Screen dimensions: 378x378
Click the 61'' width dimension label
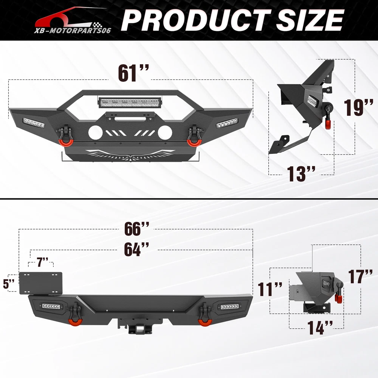(x=133, y=73)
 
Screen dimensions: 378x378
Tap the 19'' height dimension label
(x=358, y=107)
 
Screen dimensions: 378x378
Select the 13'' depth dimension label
(x=301, y=174)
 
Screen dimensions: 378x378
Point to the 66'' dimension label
(x=137, y=229)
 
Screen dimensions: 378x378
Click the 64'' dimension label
(x=136, y=249)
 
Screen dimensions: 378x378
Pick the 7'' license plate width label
(x=43, y=262)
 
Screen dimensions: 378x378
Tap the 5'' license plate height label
(x=9, y=284)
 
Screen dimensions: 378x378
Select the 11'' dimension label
(x=270, y=289)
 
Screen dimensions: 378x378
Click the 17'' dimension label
(x=360, y=277)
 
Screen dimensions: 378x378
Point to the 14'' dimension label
(x=320, y=327)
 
